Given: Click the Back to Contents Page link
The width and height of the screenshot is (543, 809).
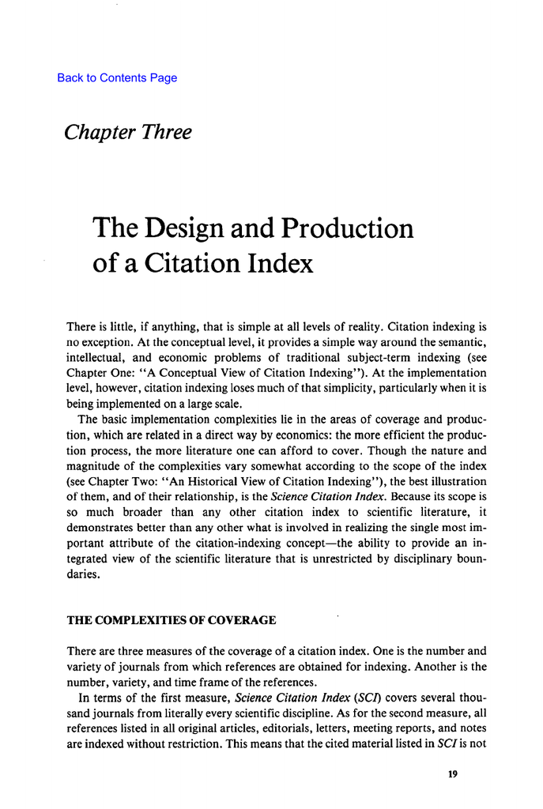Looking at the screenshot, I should click(x=117, y=77).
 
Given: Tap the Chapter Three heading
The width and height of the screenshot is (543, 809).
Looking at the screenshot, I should click(x=127, y=132).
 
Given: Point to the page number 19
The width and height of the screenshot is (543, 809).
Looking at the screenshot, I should click(x=452, y=774).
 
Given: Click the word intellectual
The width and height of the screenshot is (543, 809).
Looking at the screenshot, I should click(x=93, y=356).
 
